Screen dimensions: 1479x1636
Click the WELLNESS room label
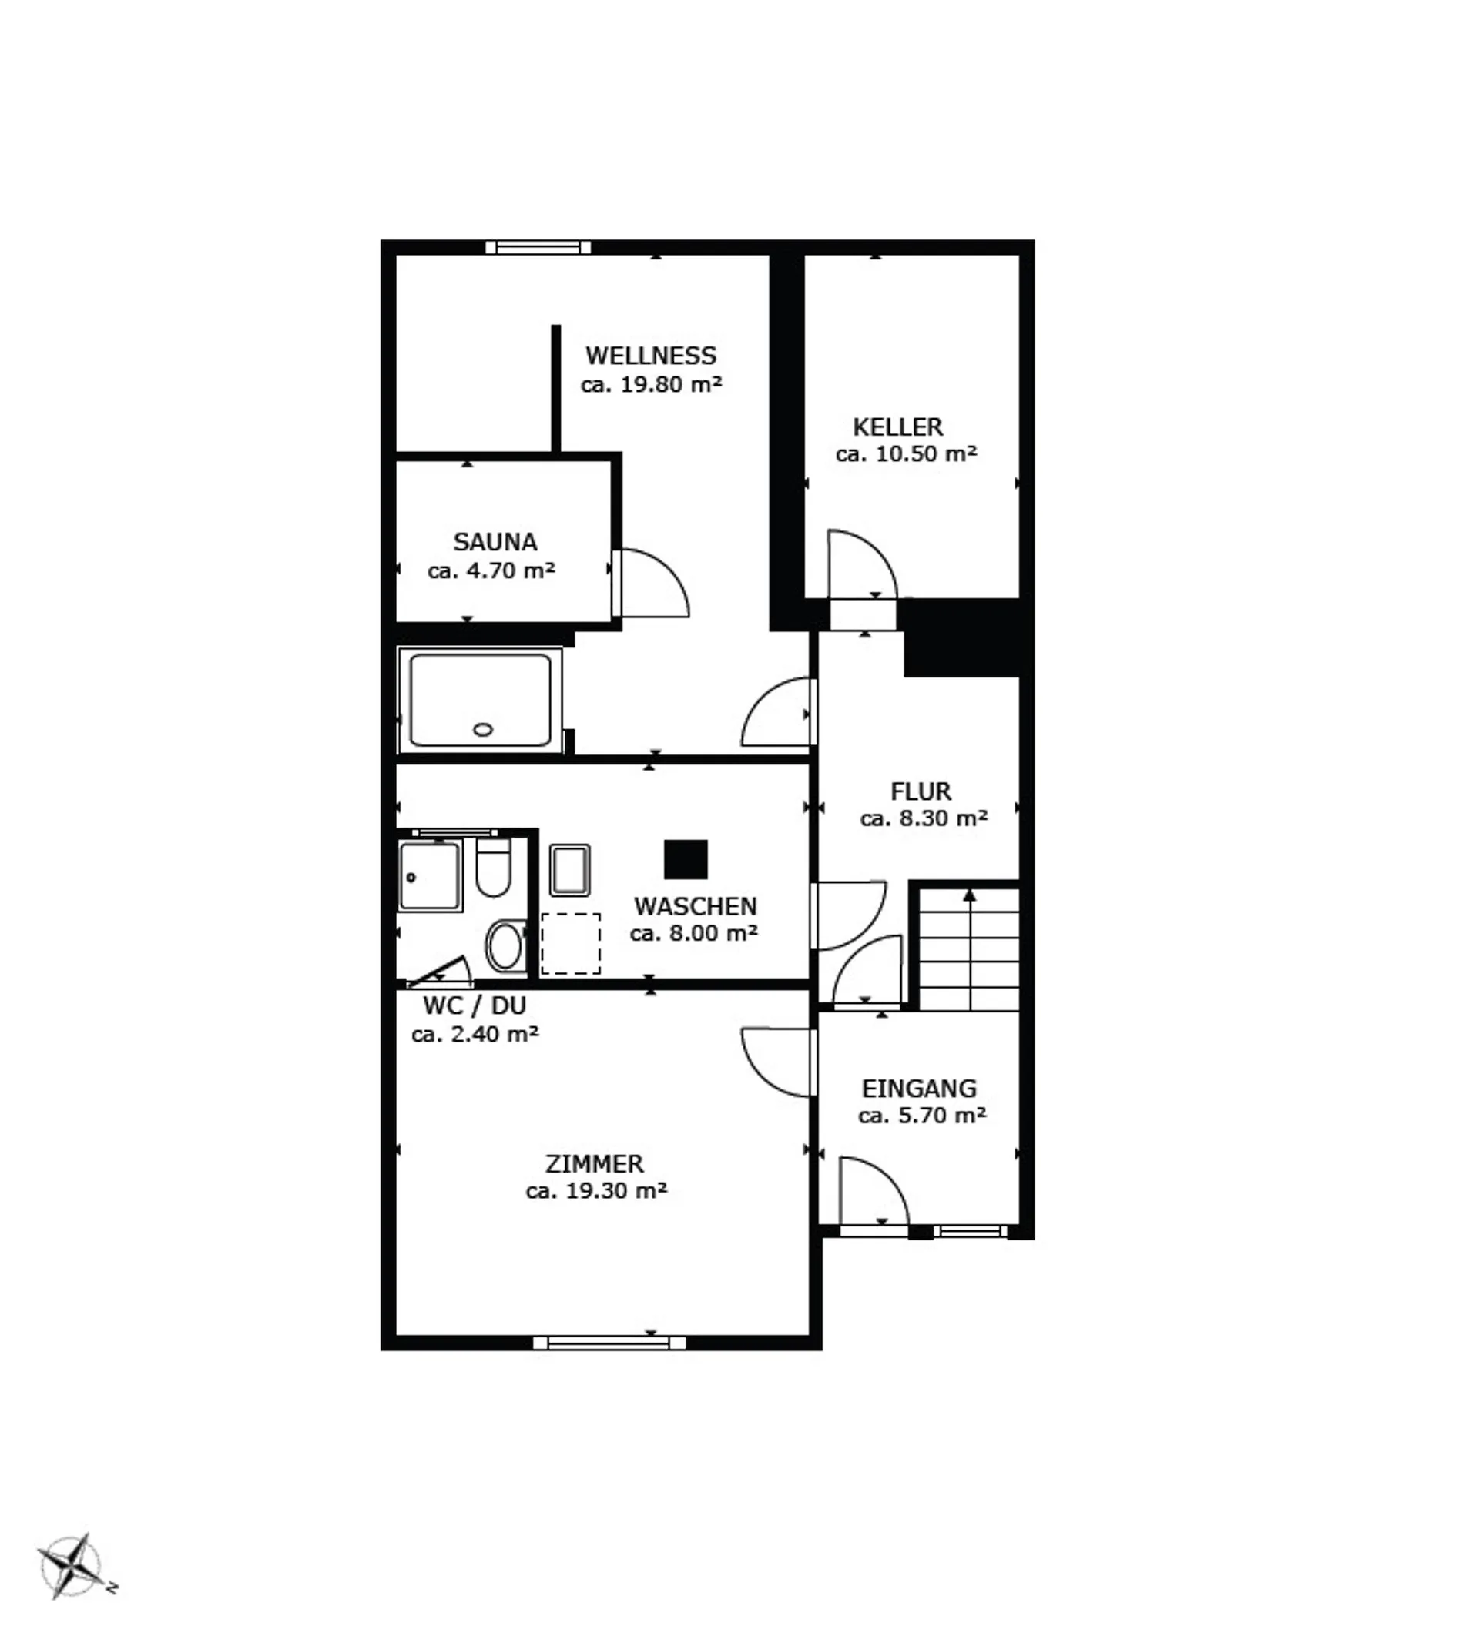[650, 356]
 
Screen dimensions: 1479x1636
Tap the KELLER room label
[897, 427]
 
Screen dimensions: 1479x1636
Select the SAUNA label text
[495, 541]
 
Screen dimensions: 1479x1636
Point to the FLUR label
[921, 791]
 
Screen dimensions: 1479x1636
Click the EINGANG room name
[919, 1089]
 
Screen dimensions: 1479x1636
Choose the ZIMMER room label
[594, 1164]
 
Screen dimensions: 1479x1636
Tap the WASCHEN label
[695, 905]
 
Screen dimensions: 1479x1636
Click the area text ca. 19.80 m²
[651, 384]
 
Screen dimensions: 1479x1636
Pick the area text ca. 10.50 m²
[906, 453]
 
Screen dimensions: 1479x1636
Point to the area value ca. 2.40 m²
[475, 1034]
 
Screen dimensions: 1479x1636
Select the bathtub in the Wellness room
[481, 700]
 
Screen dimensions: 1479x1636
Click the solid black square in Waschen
[686, 859]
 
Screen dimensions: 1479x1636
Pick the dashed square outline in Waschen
[571, 944]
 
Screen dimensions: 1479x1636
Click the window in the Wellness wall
[538, 246]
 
